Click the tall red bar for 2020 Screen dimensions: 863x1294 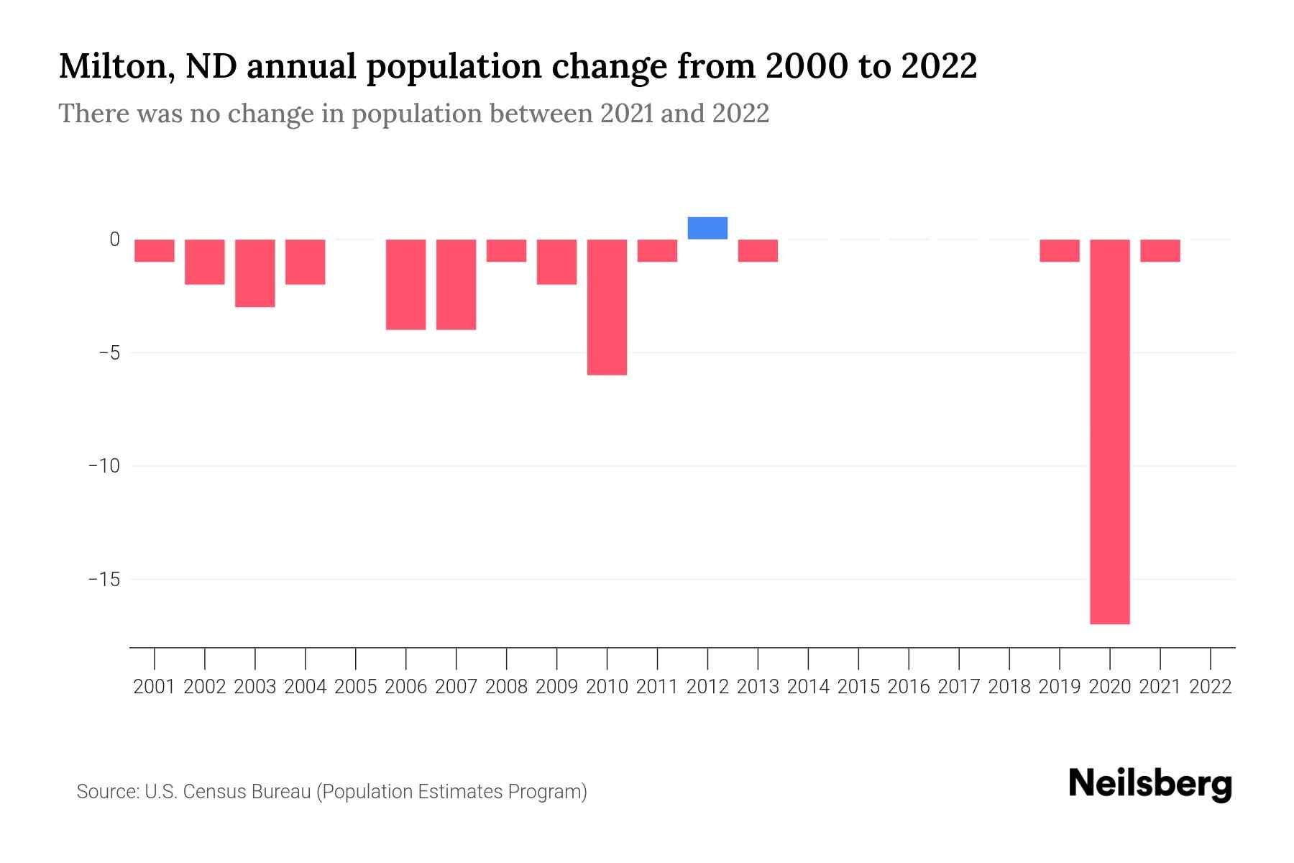click(x=1109, y=431)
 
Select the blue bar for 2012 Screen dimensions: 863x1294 click(x=707, y=228)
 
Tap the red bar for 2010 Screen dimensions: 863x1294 click(x=607, y=307)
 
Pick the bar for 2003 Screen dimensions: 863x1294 click(x=255, y=273)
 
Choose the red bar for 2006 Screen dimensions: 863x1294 click(x=405, y=284)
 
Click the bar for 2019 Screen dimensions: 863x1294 click(x=1059, y=250)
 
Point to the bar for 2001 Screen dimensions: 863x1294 click(x=155, y=250)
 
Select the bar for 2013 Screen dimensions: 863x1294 click(x=758, y=250)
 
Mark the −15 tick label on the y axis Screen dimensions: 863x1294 click(x=104, y=579)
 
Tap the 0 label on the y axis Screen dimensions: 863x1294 click(x=114, y=239)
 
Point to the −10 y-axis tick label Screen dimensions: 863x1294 click(x=104, y=466)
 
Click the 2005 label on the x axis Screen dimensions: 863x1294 click(x=356, y=687)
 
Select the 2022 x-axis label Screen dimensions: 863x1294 click(x=1211, y=687)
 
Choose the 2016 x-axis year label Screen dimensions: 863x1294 click(x=909, y=687)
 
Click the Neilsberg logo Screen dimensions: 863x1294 click(x=1150, y=784)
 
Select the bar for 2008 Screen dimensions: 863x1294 click(x=506, y=250)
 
